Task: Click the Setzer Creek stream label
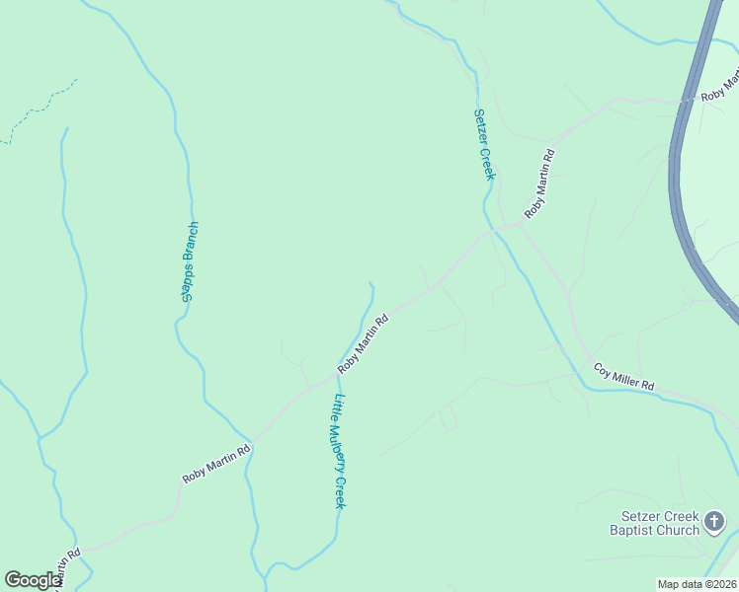point(483,144)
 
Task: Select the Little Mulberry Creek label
point(339,451)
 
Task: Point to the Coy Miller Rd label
point(624,377)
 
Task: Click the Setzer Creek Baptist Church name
point(659,523)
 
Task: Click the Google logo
point(33,580)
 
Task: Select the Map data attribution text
point(697,584)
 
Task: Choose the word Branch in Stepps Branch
point(192,243)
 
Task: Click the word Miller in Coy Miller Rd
point(625,378)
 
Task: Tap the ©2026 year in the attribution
point(719,584)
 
